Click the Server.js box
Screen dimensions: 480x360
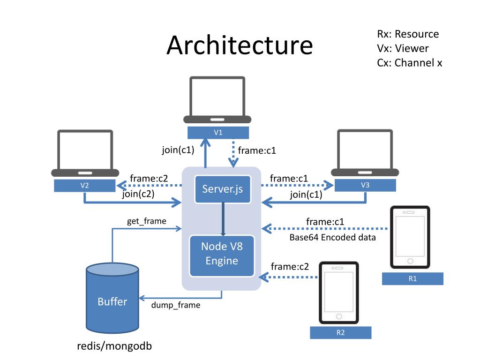pyautogui.click(x=223, y=189)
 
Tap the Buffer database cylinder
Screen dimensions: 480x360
pyautogui.click(x=112, y=298)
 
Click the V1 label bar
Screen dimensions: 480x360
pyautogui.click(x=218, y=133)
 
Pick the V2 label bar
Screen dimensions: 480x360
pyautogui.click(x=84, y=186)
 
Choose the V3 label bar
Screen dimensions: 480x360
pyautogui.click(x=365, y=185)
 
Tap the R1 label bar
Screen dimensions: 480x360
pyautogui.click(x=412, y=278)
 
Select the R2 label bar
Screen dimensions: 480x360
pyautogui.click(x=341, y=332)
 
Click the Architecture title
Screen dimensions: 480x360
pyautogui.click(x=240, y=45)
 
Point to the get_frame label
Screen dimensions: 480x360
pyautogui.click(x=147, y=221)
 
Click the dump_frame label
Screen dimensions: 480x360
pyautogui.click(x=176, y=305)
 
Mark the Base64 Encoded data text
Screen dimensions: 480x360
pyautogui.click(x=332, y=237)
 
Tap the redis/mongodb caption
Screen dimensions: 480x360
pyautogui.click(x=114, y=346)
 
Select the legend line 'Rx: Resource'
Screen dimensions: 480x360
pyautogui.click(x=408, y=34)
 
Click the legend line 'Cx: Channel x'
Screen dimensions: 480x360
pyautogui.click(x=410, y=63)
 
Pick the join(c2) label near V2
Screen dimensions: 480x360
pyautogui.click(x=138, y=194)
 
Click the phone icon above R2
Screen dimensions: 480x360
pyautogui.click(x=339, y=292)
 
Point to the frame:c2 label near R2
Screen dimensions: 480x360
pyautogui.click(x=290, y=267)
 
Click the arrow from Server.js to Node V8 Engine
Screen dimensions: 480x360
pyautogui.click(x=223, y=219)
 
